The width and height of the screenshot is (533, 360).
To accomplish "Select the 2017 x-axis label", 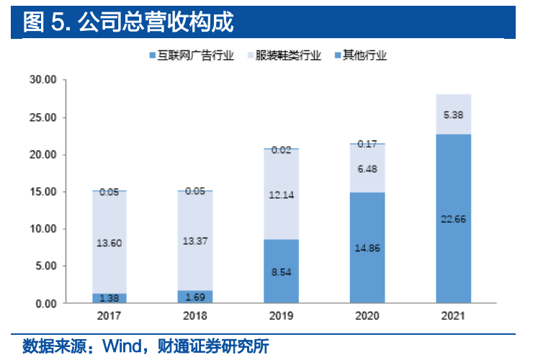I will (109, 316).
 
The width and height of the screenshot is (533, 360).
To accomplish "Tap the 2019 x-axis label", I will (281, 316).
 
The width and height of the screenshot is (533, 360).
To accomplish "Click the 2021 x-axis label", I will (453, 316).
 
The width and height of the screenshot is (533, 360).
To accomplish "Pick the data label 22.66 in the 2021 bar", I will (454, 219).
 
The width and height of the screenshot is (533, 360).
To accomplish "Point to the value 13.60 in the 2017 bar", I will (109, 243).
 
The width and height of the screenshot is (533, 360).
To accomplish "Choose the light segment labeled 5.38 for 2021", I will (454, 114).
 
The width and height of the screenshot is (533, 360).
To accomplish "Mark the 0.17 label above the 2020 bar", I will (367, 144).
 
